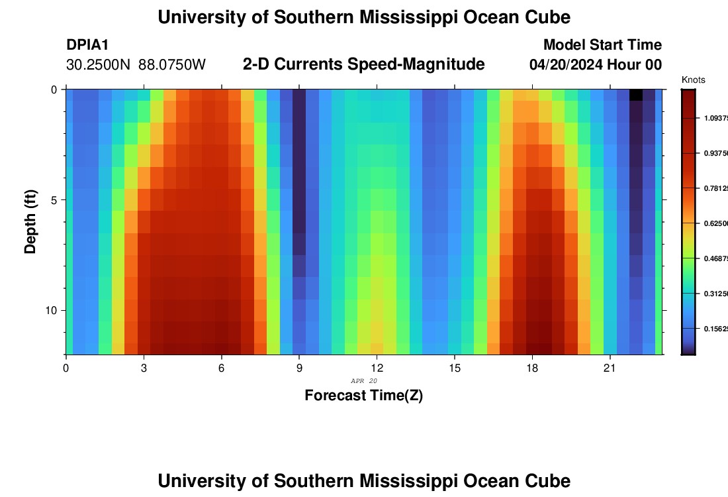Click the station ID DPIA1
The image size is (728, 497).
click(87, 45)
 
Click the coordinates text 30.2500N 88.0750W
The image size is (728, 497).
click(136, 65)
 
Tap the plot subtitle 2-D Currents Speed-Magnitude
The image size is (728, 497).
click(364, 64)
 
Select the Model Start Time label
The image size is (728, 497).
click(602, 45)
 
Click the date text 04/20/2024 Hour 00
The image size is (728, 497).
click(596, 65)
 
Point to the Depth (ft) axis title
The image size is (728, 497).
click(30, 222)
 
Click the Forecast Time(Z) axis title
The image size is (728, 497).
click(363, 396)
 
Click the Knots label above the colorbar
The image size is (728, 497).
click(693, 80)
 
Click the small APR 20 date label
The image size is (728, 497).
click(363, 381)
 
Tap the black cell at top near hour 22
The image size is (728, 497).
click(635, 95)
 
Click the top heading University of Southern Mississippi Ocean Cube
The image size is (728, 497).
click(364, 17)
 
